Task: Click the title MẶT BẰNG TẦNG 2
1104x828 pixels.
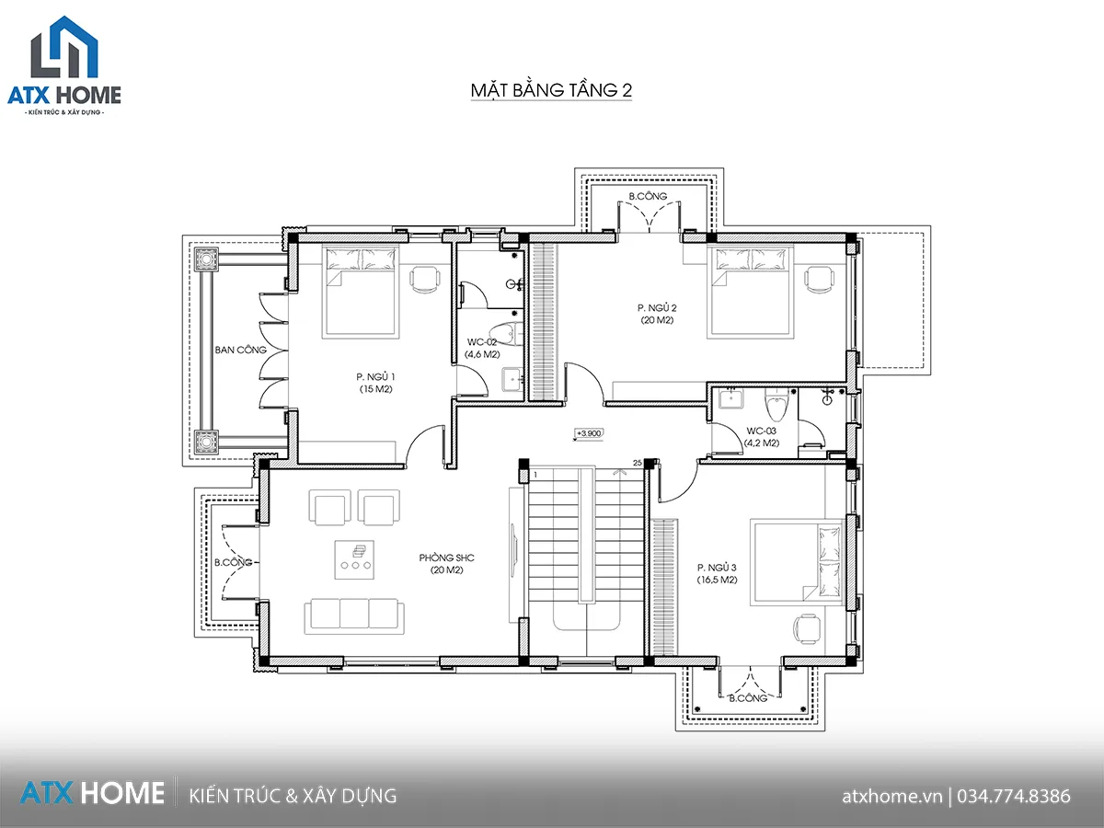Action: (551, 90)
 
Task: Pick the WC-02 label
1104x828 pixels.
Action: (482, 342)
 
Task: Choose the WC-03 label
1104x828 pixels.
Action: (761, 431)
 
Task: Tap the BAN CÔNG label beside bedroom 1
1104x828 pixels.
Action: (240, 350)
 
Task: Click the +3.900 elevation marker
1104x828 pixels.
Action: (589, 433)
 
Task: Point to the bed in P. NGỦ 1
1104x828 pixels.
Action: (360, 292)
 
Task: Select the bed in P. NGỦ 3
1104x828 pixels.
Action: (797, 562)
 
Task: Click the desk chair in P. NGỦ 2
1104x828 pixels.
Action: (819, 280)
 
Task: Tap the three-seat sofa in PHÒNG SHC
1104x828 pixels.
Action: (354, 615)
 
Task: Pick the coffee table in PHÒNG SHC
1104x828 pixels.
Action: (354, 559)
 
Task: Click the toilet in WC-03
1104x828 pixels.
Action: (776, 404)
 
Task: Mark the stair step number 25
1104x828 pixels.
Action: (638, 463)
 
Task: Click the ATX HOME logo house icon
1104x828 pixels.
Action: (64, 47)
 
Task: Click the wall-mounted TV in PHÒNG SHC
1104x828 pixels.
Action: (514, 548)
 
